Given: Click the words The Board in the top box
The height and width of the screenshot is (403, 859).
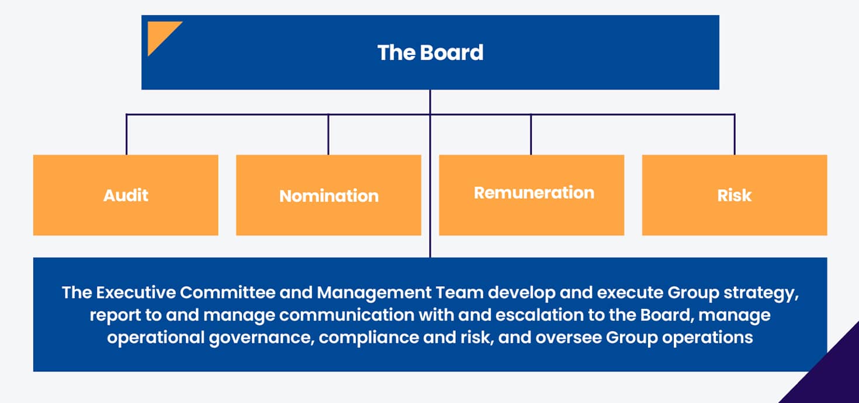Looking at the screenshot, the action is coord(430,53).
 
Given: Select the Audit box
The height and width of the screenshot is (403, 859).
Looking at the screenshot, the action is coord(126,195).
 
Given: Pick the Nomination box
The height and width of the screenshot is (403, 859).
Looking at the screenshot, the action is coord(328,195).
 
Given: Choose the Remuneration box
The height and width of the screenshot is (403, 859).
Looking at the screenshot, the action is coord(532,195).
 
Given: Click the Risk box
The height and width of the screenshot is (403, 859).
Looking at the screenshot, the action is coord(735,195).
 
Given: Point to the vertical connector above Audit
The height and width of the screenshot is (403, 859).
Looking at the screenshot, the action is coord(127,134).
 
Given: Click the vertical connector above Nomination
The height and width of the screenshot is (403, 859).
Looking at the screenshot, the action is coord(328,134).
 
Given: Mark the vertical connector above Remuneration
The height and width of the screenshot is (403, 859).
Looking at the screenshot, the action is coord(531,134).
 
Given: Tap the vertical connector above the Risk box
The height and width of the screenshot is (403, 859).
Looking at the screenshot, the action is coord(735,134).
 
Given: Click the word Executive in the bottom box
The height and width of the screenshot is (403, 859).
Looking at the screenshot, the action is coord(136,293).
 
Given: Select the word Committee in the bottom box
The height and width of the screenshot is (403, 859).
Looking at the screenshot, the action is coord(227,293).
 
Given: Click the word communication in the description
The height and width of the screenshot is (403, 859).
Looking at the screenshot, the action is coord(347,315).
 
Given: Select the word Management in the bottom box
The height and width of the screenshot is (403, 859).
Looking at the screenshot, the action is coord(374,293).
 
